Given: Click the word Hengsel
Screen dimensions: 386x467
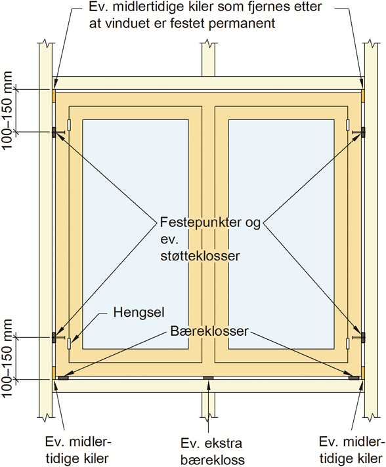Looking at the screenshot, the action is tap(139, 312).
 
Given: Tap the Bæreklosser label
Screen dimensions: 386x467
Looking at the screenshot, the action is tap(209, 331).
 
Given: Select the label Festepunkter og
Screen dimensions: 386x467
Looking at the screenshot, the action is tap(210, 223).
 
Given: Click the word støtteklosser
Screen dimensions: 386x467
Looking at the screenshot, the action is tap(200, 256).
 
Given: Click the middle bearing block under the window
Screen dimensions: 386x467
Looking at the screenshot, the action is tap(208, 378).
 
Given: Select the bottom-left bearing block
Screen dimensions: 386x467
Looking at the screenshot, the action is tap(63, 378).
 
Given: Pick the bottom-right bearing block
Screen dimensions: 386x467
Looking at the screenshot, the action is tap(354, 378).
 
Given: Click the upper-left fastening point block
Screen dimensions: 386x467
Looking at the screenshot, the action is tap(54, 132).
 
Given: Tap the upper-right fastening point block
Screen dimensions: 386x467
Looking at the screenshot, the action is tap(363, 132).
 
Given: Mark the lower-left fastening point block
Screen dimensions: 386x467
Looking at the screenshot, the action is tap(54, 337).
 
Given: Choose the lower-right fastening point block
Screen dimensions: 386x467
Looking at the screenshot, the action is tap(363, 337).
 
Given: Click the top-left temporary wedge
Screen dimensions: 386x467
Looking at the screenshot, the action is tap(54, 96).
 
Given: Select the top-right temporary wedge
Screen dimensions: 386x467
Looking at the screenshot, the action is tap(363, 96).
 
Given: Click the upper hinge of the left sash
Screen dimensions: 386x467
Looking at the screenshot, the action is tap(69, 125).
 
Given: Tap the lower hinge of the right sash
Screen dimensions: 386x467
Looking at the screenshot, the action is tap(347, 344).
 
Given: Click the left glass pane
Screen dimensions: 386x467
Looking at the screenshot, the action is tap(135, 234).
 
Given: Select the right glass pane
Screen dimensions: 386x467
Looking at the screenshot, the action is tap(281, 234).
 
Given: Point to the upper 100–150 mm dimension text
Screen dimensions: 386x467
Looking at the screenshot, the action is tap(7, 110).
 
